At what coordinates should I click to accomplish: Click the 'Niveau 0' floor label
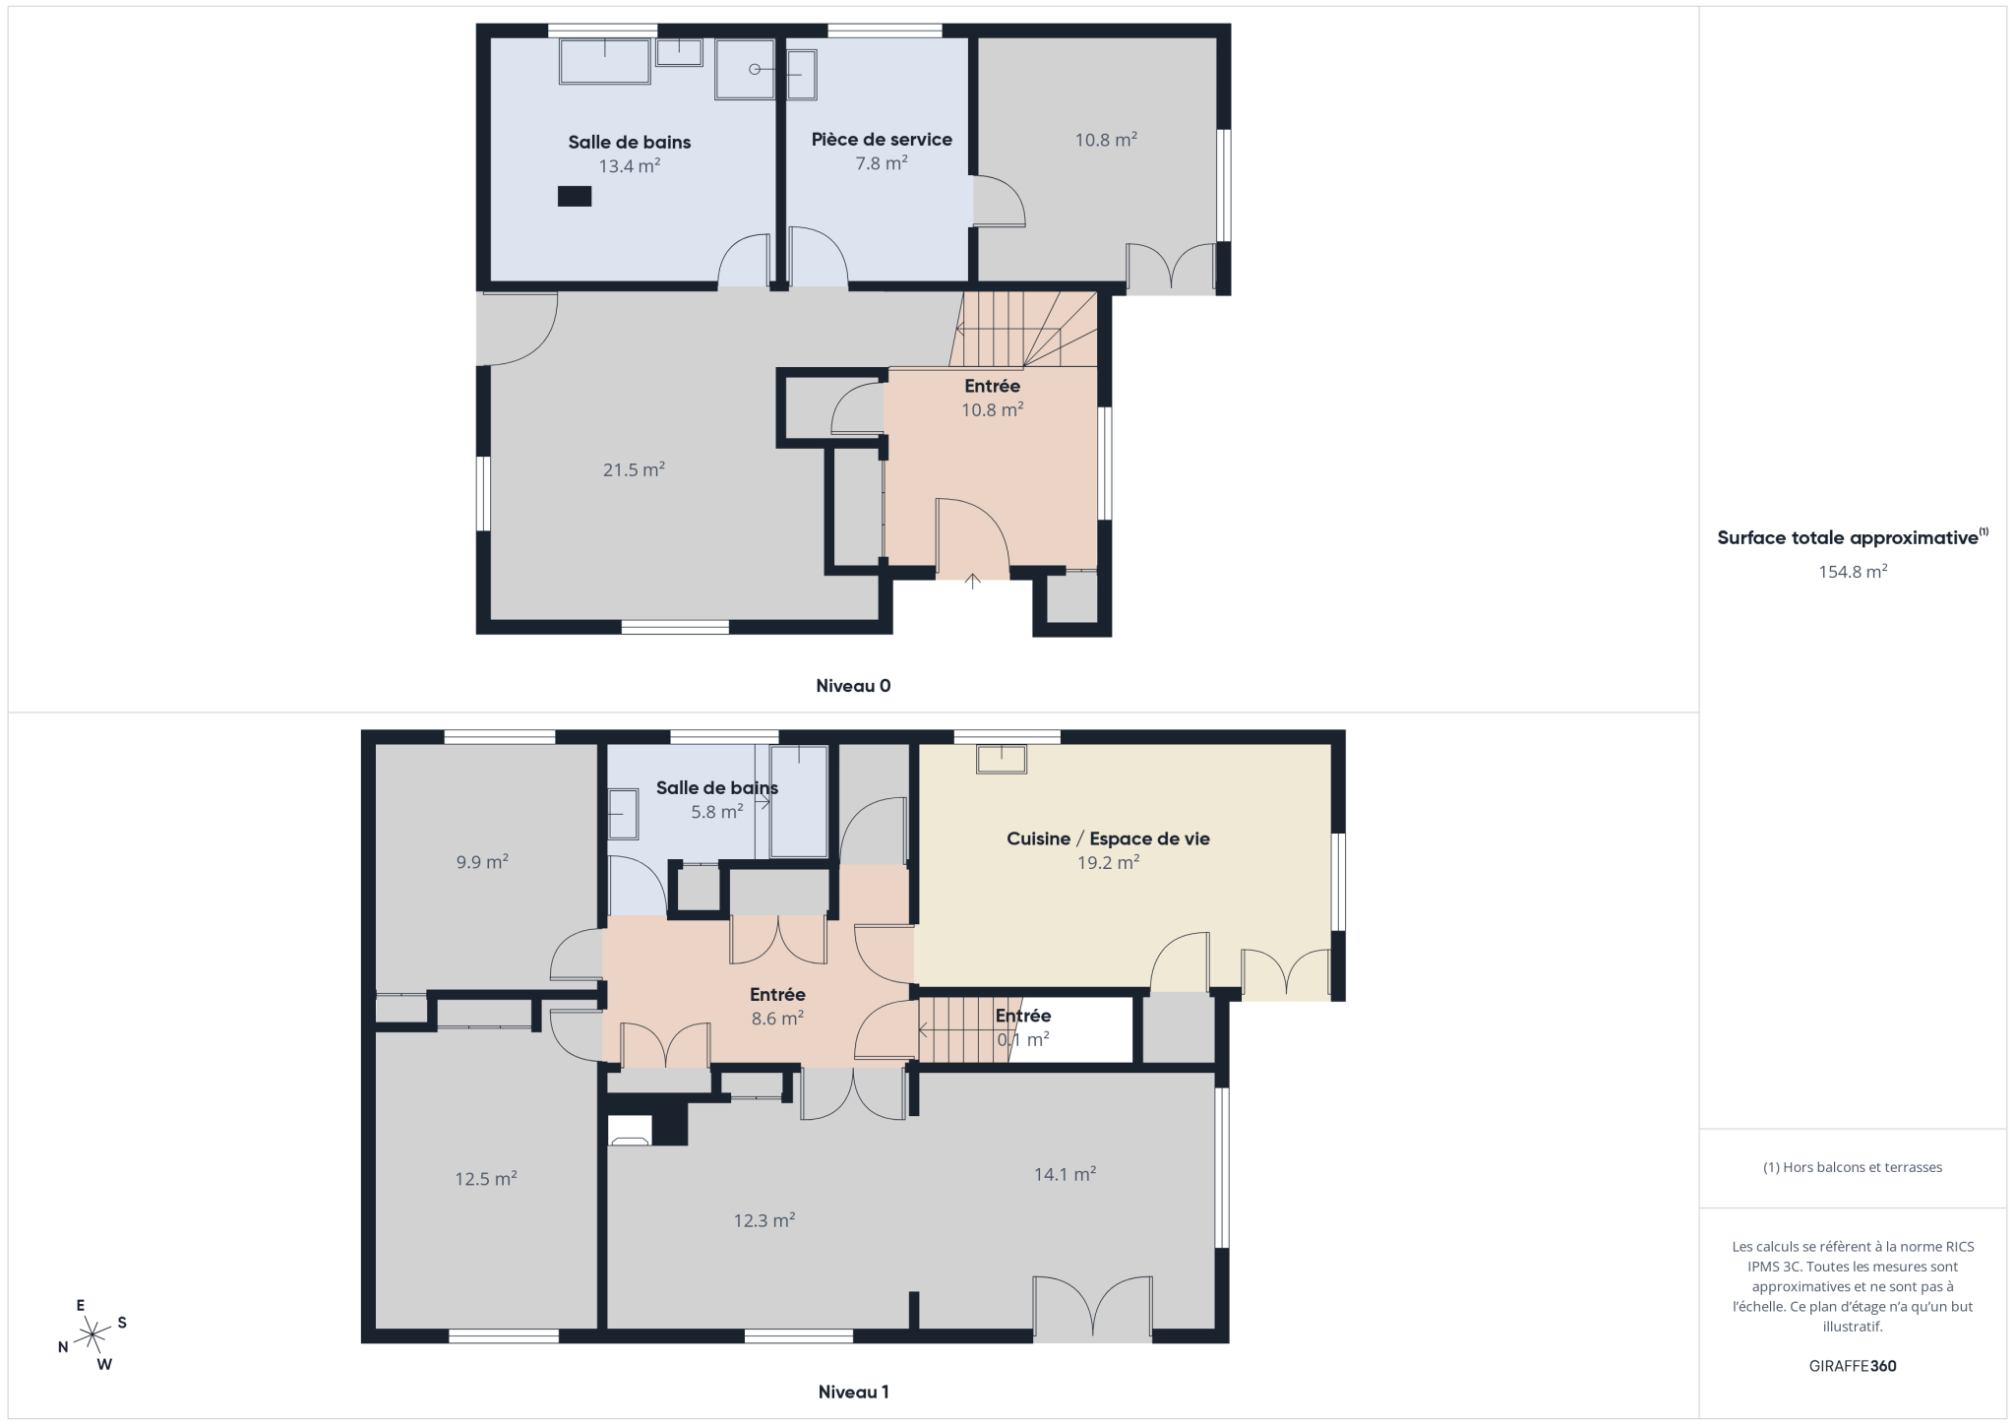(853, 686)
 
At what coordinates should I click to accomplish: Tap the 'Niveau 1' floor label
(853, 1392)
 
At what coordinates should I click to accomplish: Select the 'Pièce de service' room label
(882, 140)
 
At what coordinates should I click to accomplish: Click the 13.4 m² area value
(630, 166)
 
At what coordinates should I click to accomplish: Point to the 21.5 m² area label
(634, 469)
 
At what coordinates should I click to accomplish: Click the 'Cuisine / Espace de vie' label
(1108, 838)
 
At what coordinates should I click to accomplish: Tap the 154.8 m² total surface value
(1853, 572)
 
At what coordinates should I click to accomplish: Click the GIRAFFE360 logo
(1853, 1366)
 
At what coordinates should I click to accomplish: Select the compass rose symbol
(92, 1335)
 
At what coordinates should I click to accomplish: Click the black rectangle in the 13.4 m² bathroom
(575, 196)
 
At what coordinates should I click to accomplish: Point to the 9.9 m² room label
(482, 862)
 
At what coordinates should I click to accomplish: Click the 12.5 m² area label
(486, 1178)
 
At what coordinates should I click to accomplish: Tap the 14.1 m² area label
(1065, 1174)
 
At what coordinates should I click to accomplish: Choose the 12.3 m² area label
(763, 1220)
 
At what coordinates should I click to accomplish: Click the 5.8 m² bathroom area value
(716, 812)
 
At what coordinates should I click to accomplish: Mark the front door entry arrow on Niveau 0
(973, 581)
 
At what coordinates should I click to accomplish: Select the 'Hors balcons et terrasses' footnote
(1853, 1167)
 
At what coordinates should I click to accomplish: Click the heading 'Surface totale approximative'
(1848, 538)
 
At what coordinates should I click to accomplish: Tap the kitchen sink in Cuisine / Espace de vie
(1002, 760)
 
